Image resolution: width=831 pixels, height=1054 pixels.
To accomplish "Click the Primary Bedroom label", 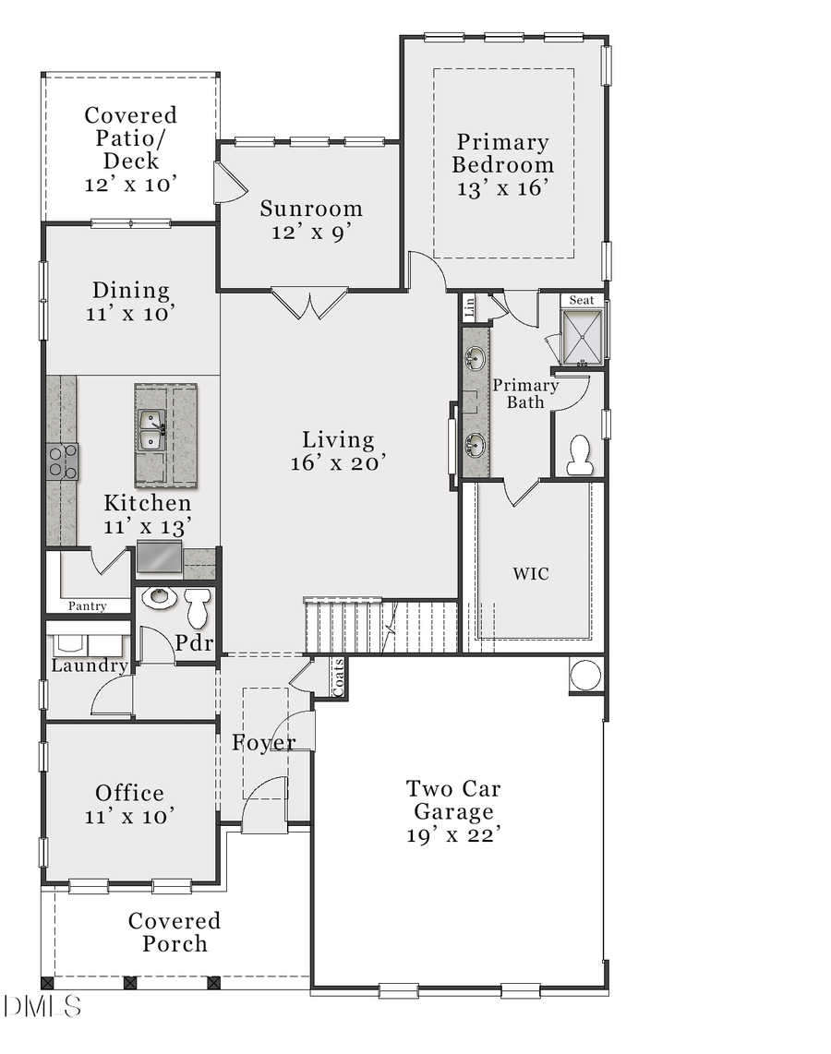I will point(503,154).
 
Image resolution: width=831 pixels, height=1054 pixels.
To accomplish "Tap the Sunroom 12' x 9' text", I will point(310,220).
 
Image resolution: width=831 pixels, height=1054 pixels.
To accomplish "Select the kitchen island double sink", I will point(152,430).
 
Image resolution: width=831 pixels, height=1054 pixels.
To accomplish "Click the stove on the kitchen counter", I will point(63,461).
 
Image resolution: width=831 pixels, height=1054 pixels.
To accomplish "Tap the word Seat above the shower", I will point(582,300).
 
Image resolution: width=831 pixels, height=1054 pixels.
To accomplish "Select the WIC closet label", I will point(531,574).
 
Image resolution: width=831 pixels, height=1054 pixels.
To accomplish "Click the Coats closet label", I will point(338,677).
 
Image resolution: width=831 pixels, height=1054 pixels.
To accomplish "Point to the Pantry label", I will point(88,606).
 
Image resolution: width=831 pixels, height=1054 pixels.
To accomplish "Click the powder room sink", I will point(160,597).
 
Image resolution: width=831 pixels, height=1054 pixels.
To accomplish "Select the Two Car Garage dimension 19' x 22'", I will point(453,835).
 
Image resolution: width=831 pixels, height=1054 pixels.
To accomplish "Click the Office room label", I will point(130,793).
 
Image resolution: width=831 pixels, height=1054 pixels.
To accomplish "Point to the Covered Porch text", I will point(175,932).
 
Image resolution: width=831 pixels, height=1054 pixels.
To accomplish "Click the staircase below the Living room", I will point(380,627).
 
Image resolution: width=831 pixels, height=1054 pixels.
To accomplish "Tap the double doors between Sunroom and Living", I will point(309,304).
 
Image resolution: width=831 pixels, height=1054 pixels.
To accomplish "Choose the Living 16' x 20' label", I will point(338,451).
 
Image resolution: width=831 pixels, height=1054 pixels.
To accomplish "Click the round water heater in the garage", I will point(585,675).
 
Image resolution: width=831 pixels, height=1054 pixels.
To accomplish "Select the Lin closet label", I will point(469,307).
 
